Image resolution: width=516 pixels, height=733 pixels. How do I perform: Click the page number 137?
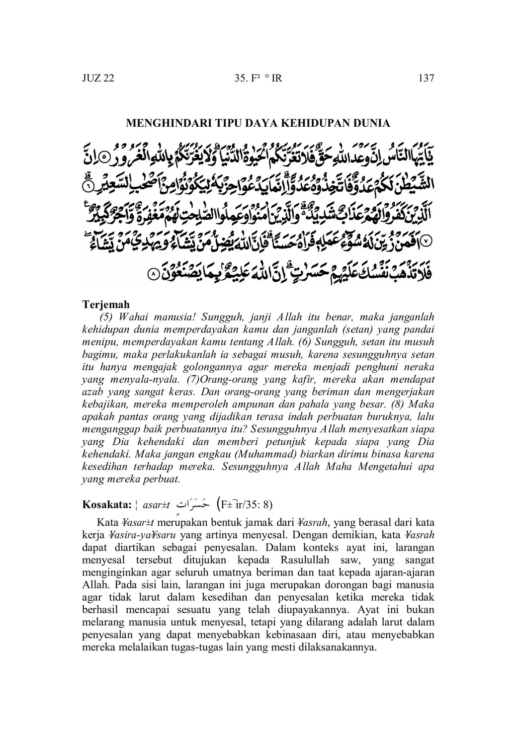point(426,78)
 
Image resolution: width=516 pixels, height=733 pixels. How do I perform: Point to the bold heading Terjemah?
point(105,305)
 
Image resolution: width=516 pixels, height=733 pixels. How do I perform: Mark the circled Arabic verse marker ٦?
point(87,186)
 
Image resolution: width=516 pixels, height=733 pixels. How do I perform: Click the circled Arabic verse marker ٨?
point(154,273)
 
